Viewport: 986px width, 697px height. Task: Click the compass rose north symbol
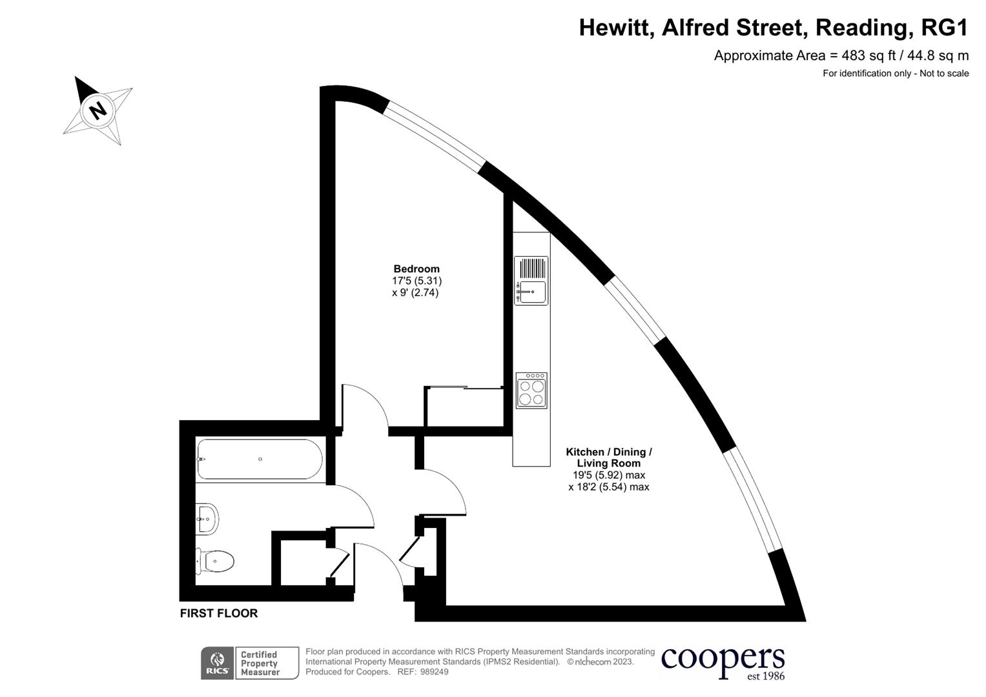pos(98,110)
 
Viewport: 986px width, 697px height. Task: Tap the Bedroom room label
pos(416,269)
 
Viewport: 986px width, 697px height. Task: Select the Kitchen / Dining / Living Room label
pos(609,458)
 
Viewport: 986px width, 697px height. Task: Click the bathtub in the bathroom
pos(260,460)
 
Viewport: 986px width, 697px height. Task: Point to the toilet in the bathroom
pos(216,561)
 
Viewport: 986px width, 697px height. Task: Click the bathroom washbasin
pos(208,518)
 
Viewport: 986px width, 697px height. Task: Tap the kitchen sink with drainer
pos(531,281)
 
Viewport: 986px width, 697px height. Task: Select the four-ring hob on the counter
pos(531,390)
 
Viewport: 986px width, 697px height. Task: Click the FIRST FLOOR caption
pos(219,614)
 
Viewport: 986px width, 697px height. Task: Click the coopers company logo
pos(723,662)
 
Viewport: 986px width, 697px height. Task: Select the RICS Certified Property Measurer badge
pos(250,663)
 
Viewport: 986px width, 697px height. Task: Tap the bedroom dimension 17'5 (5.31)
pos(416,281)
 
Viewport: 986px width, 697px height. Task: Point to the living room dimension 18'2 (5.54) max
pos(609,487)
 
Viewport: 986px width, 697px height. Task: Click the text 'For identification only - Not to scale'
pos(896,74)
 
